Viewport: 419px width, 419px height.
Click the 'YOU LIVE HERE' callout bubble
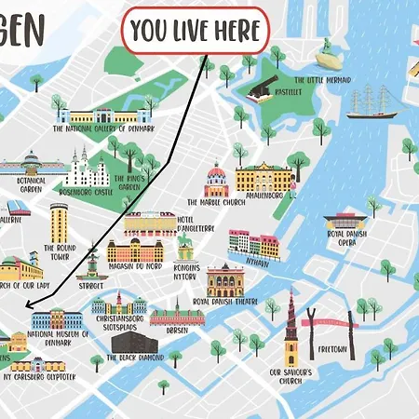point(196,32)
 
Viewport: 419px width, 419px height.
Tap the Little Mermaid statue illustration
point(326,61)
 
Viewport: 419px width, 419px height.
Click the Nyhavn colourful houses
point(252,244)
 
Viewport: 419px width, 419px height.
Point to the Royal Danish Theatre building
point(225,280)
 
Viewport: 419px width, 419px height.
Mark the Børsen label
point(177,330)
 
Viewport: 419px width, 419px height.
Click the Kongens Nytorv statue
point(184,247)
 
